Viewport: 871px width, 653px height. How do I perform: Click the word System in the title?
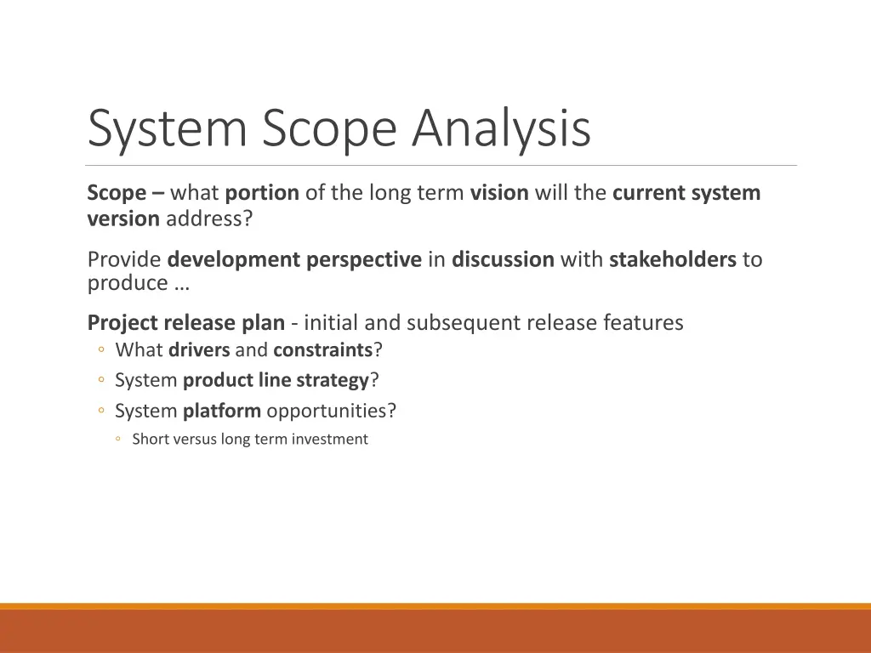coord(168,129)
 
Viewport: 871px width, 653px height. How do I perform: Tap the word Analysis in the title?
coord(502,129)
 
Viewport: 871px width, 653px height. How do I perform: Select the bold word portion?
coord(262,193)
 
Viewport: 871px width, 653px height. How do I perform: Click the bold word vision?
coord(499,193)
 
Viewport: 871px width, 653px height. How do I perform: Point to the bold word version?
coord(123,219)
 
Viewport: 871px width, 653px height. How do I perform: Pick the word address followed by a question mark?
coord(206,219)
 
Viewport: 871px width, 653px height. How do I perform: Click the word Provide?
coord(124,259)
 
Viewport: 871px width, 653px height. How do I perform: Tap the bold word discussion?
coord(503,259)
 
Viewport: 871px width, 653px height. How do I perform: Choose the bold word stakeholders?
coord(672,259)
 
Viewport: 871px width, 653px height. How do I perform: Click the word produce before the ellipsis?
coord(128,283)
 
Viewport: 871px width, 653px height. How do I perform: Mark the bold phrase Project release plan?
coord(185,323)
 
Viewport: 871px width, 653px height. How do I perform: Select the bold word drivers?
coord(199,350)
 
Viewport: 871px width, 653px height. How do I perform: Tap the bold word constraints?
coord(323,350)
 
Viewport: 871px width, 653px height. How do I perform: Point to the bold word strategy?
coord(333,380)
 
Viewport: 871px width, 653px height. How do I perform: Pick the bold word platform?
coord(222,411)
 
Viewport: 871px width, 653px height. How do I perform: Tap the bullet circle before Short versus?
coord(120,440)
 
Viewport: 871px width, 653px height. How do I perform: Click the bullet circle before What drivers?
coord(101,350)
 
